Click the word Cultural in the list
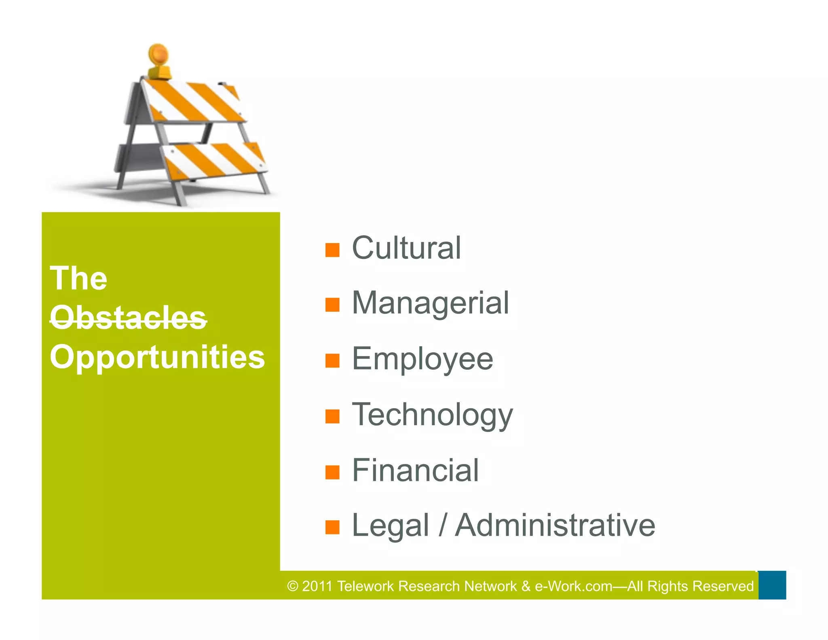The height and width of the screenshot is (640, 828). (x=406, y=248)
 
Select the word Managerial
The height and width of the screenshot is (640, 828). (x=430, y=303)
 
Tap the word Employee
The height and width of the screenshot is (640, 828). (x=422, y=359)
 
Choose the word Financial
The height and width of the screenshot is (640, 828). (x=415, y=470)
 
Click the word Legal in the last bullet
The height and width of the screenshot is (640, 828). (x=390, y=526)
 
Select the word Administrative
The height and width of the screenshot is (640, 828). (x=555, y=526)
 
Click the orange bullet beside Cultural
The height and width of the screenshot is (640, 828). (x=332, y=250)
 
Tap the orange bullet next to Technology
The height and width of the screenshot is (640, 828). (x=332, y=416)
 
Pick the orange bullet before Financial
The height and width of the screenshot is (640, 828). (x=332, y=472)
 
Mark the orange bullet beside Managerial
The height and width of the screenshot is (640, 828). (x=332, y=305)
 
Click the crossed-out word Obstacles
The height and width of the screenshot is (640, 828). (x=128, y=318)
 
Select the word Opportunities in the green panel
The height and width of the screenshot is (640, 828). (x=157, y=357)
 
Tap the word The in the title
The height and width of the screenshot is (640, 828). (x=78, y=279)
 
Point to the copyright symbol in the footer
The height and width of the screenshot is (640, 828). (x=293, y=586)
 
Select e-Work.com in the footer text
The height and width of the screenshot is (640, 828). (x=573, y=586)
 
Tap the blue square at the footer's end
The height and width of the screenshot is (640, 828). (x=772, y=585)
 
